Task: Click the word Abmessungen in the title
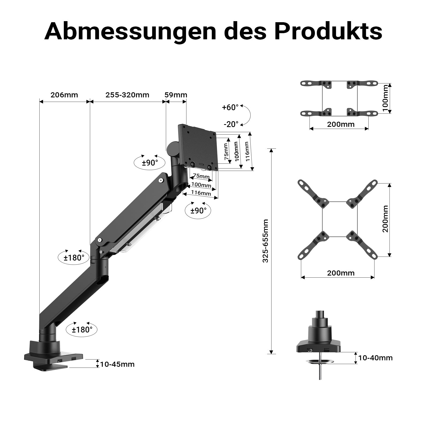pyautogui.click(x=130, y=32)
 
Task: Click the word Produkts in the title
pyautogui.click(x=328, y=32)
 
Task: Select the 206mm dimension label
pyautogui.click(x=64, y=95)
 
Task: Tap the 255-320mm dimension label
pyautogui.click(x=127, y=95)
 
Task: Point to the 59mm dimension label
pyautogui.click(x=176, y=95)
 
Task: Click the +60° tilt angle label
pyautogui.click(x=230, y=108)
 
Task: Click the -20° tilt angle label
pyautogui.click(x=231, y=124)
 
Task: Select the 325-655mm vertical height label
pyautogui.click(x=265, y=241)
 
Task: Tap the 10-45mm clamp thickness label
pyautogui.click(x=117, y=364)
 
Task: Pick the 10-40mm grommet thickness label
pyautogui.click(x=375, y=358)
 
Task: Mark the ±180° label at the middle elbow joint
pyautogui.click(x=74, y=258)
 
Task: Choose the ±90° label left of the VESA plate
pyautogui.click(x=150, y=163)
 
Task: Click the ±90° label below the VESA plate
pyautogui.click(x=198, y=211)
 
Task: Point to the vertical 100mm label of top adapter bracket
pyautogui.click(x=385, y=98)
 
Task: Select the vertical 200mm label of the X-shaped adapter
pyautogui.click(x=385, y=219)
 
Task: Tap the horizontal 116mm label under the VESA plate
pyautogui.click(x=201, y=193)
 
